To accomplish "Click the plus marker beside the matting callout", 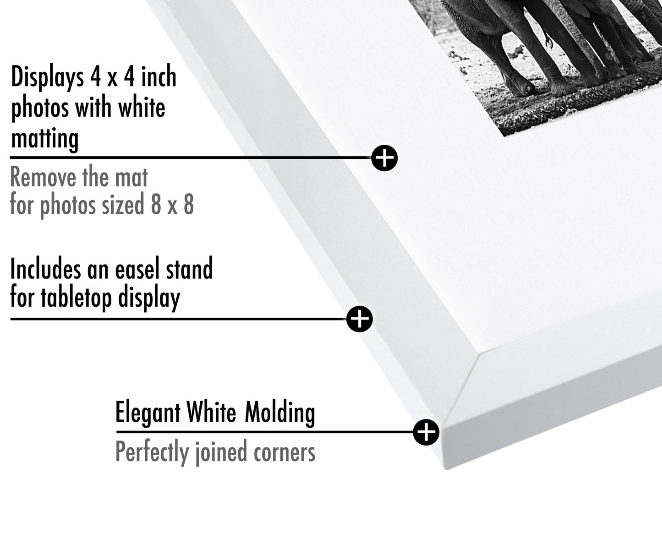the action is point(384,158).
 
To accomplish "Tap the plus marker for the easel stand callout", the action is point(360,319).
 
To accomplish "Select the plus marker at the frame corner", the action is point(426,432).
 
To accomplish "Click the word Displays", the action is point(47,77).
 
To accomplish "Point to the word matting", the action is point(44,138).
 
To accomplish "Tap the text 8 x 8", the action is point(172,204).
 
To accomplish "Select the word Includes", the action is point(45,268).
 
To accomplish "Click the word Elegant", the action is point(148,413).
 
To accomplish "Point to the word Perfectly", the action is point(152,452).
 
